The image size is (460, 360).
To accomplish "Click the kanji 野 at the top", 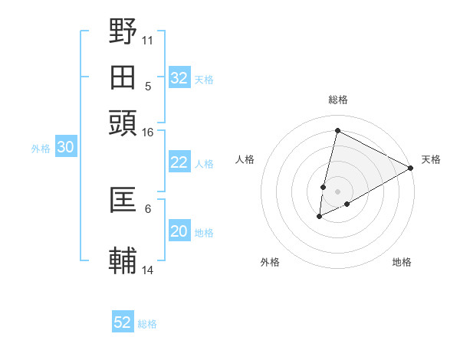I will (123, 32).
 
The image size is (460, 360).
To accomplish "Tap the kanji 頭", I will (123, 123).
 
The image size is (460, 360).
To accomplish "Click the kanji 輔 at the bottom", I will (123, 260).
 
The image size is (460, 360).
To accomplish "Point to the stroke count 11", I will (148, 40).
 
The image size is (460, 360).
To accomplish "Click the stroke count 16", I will (148, 132).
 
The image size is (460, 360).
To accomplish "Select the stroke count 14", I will (148, 270).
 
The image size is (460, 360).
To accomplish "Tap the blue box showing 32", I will (179, 78).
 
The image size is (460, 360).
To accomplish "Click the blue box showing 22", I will (179, 162).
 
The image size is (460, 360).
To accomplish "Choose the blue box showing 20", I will (179, 231).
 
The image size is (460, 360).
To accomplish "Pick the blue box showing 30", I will (65, 149).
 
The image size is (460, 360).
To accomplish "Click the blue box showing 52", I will (123, 322).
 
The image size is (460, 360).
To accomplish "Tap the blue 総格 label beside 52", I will (147, 324).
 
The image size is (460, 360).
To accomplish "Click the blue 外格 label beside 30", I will (41, 149).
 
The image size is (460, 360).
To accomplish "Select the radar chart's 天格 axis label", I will (431, 159).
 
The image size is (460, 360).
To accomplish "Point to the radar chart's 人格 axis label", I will (245, 159).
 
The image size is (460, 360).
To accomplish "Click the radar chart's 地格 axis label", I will (402, 262).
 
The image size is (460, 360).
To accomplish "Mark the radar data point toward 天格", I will (411, 169).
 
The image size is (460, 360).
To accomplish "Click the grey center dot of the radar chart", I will (337, 191).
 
